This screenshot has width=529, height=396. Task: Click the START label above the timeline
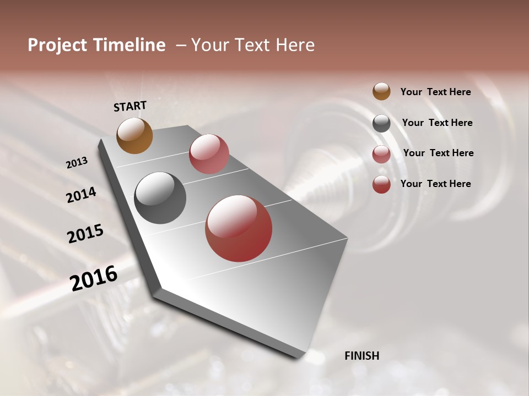(130, 106)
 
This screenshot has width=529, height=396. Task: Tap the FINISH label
(361, 356)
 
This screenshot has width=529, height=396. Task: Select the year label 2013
(77, 163)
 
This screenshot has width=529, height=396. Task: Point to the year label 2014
(81, 195)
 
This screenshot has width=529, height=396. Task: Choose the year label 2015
(85, 234)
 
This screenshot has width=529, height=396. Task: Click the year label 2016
(94, 278)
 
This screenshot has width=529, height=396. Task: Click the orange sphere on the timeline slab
(134, 135)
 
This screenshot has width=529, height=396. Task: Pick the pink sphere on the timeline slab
(209, 153)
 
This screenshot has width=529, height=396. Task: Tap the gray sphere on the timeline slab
(160, 198)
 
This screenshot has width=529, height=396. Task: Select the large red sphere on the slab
(239, 228)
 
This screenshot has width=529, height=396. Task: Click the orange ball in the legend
(381, 91)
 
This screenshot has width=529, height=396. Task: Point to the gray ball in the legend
(381, 123)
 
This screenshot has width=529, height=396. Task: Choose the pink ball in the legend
(381, 154)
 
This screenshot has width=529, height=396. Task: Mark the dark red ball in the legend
(381, 184)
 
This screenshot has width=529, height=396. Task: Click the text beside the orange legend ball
(435, 92)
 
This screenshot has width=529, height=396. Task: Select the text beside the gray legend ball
(437, 123)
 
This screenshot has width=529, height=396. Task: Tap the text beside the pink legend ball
(438, 153)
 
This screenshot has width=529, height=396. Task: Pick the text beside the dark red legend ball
(435, 184)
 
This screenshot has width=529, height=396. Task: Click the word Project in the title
(58, 46)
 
